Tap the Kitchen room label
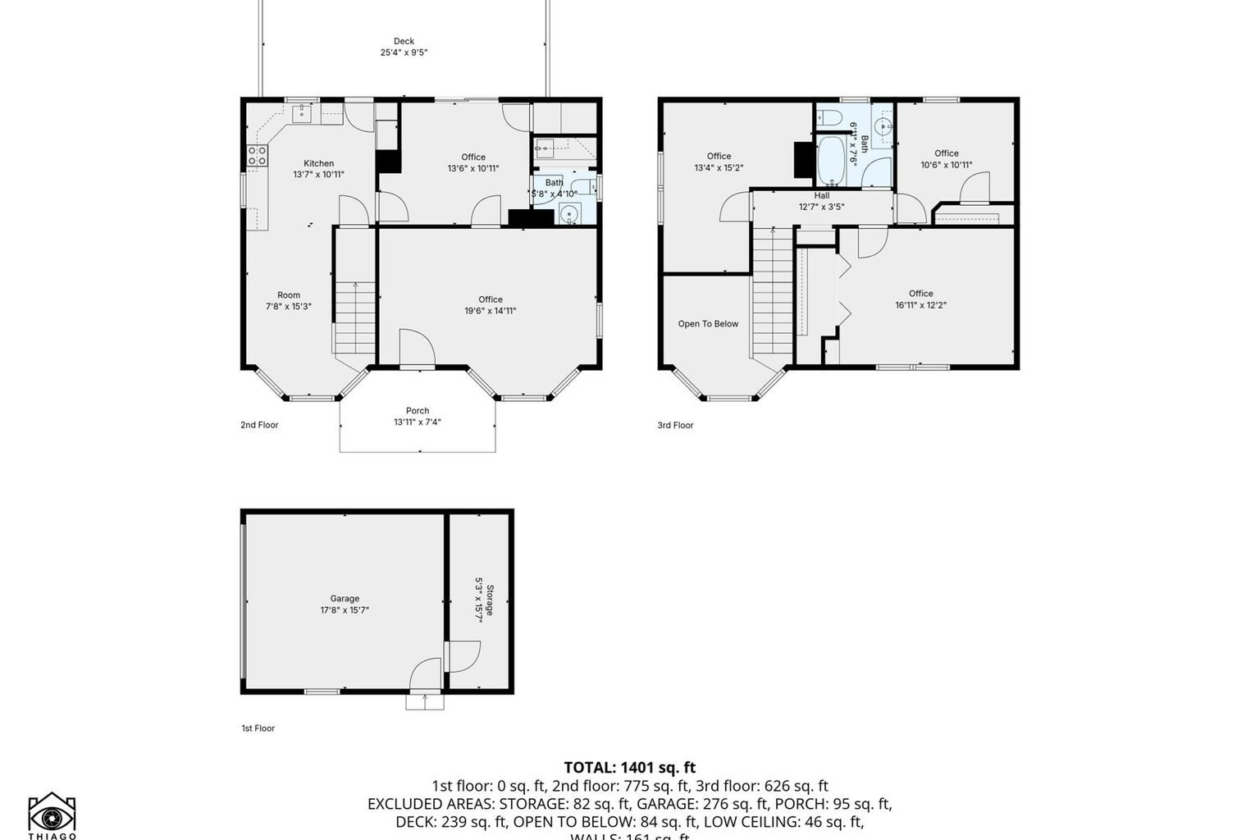tap(318, 164)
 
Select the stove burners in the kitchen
tap(257, 156)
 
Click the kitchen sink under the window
tap(302, 112)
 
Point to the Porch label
tap(418, 411)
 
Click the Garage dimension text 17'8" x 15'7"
tap(345, 610)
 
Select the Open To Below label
tap(708, 324)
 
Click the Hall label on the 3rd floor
tap(821, 196)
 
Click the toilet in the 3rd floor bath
tap(828, 118)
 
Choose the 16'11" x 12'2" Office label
tap(920, 299)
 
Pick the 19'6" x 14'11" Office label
tap(491, 305)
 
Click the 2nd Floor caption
tap(259, 425)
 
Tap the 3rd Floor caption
tap(675, 425)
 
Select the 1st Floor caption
tap(258, 728)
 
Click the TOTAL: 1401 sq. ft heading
tap(629, 768)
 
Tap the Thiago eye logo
tap(52, 815)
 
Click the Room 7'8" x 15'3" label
tap(289, 301)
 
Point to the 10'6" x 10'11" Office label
tap(946, 159)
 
